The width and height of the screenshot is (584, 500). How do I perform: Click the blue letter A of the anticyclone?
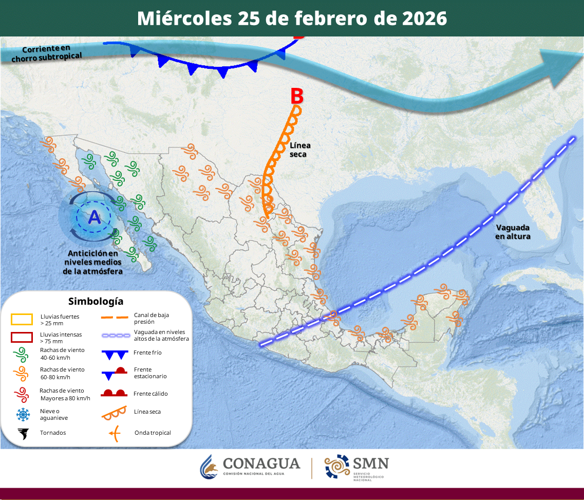[x=95, y=217]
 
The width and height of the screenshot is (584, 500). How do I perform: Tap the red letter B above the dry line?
[x=297, y=96]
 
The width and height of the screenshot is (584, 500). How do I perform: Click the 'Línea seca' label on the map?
[x=300, y=150]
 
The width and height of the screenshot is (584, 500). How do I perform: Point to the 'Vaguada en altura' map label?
[x=513, y=232]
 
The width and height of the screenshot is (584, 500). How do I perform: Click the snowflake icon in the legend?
[x=22, y=414]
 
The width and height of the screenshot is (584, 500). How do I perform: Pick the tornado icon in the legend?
[x=22, y=433]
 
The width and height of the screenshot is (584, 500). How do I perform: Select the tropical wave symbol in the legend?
[x=115, y=433]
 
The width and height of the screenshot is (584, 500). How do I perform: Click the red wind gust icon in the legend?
[x=22, y=395]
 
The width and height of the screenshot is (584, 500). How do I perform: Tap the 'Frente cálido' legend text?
[x=150, y=394]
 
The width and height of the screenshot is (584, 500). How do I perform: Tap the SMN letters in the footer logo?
[x=370, y=464]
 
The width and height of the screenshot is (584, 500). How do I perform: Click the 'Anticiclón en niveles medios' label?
[x=93, y=262]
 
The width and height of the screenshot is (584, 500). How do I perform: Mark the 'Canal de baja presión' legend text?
[x=152, y=318]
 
